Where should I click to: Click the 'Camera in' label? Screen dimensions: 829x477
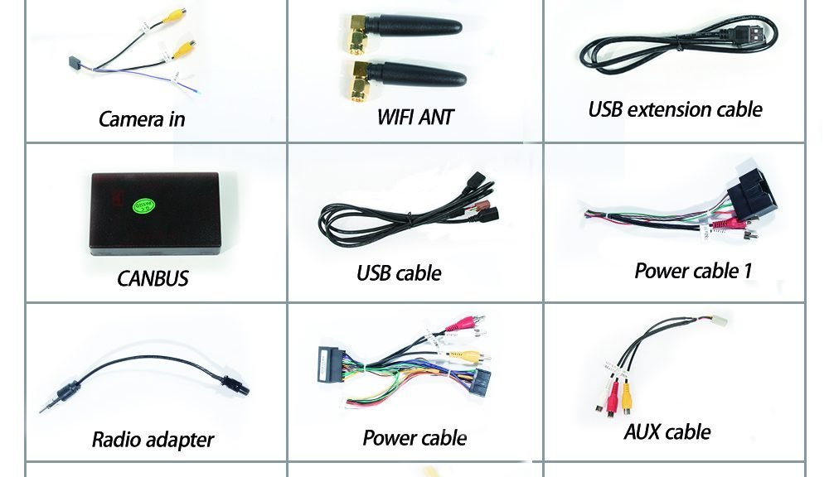pos(142,119)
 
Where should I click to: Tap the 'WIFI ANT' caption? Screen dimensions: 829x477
pos(415,118)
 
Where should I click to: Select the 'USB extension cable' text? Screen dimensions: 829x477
pos(675,109)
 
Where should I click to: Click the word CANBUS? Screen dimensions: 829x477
pos(153,278)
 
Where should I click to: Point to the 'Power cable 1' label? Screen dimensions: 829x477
pos(692,271)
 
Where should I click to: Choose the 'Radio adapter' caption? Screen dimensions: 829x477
pos(153,440)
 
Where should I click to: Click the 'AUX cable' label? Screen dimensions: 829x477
pos(667,431)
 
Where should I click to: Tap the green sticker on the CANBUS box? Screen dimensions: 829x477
pos(143,205)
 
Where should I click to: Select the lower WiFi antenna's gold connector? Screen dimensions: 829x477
pos(358,79)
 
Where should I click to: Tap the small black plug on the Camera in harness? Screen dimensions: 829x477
pos(74,62)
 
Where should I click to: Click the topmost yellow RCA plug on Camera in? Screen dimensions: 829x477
pos(174,16)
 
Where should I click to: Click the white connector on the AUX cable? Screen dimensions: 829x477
pos(720,320)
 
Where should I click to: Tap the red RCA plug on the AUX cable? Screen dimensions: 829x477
pos(613,399)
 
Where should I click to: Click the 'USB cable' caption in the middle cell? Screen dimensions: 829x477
pos(399,273)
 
